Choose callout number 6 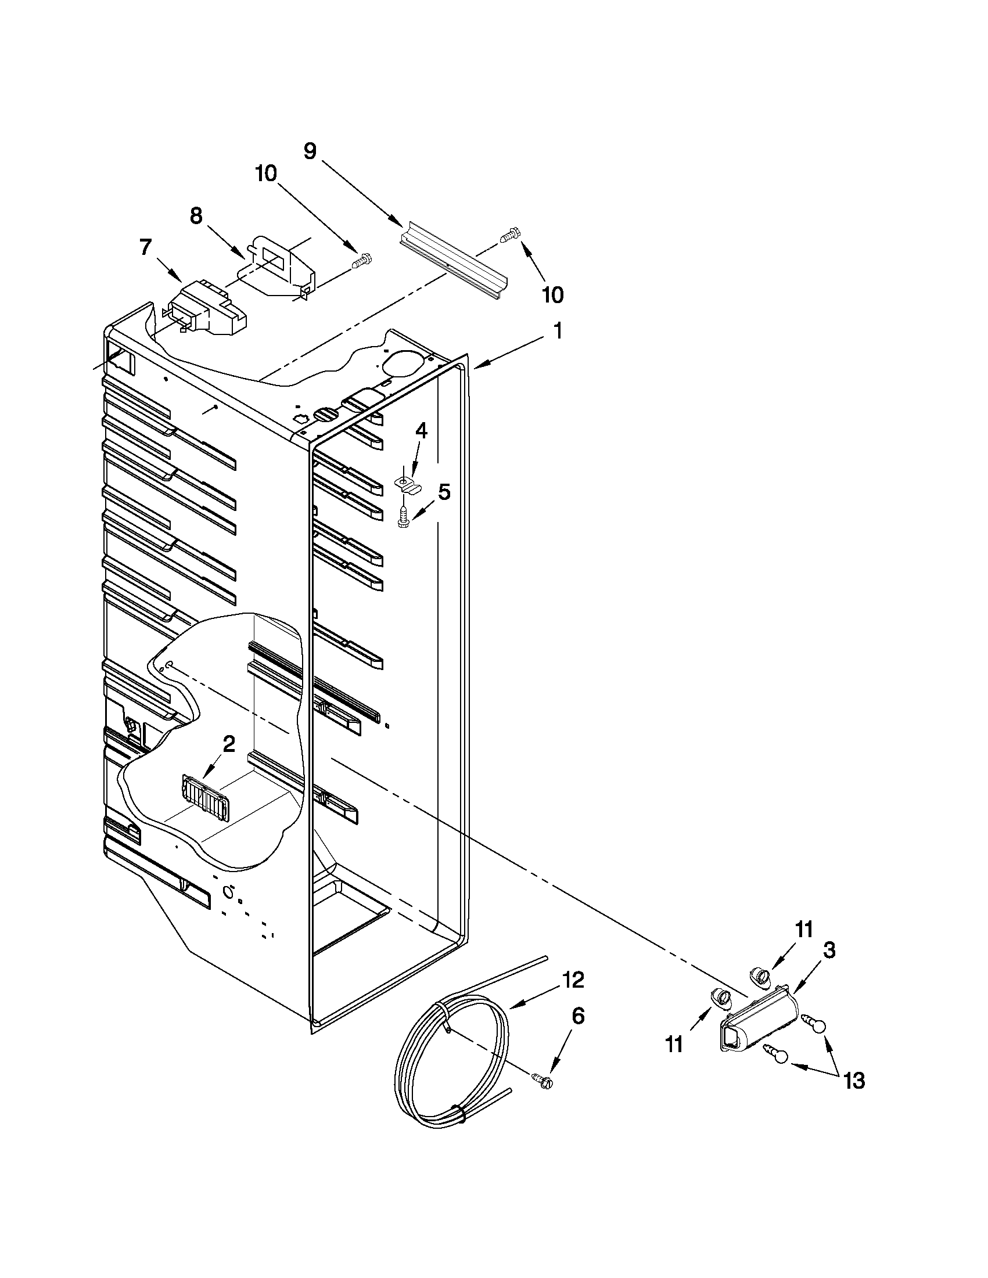[577, 1017]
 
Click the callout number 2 [229, 744]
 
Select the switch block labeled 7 [208, 310]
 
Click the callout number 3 [829, 951]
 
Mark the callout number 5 [444, 492]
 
